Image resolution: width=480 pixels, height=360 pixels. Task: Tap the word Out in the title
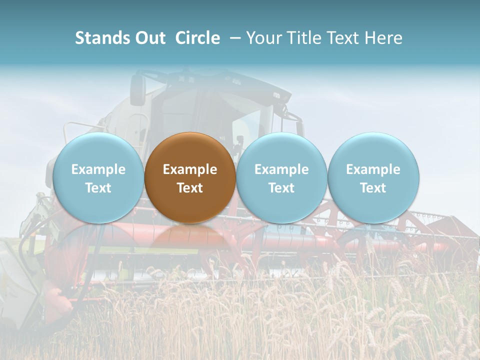(149, 38)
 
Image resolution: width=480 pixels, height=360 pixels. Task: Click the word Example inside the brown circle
(190, 169)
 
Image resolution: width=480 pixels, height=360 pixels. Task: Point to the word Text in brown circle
(190, 188)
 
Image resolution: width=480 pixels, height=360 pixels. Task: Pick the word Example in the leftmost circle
(98, 169)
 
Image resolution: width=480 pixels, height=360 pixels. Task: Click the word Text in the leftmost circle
(98, 188)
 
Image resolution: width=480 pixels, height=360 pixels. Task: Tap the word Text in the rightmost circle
(373, 188)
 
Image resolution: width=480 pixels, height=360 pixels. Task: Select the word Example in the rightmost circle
(373, 169)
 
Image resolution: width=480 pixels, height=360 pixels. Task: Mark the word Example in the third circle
(281, 169)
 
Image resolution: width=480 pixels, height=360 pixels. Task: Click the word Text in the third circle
(281, 188)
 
